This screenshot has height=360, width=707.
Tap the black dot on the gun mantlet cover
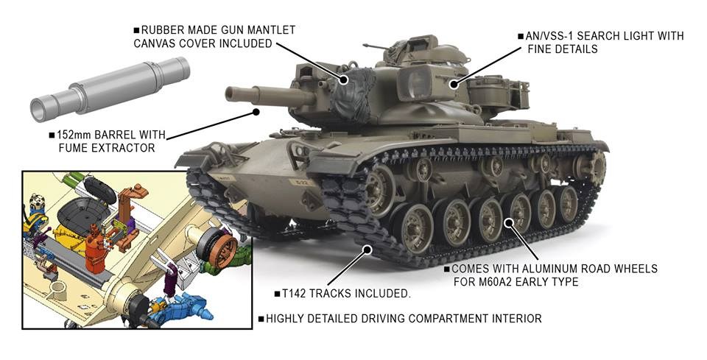click(344, 80)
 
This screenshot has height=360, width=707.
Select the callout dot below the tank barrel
click(256, 112)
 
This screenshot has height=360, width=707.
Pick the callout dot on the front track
click(369, 249)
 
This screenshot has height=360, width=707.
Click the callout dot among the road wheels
click(510, 222)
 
